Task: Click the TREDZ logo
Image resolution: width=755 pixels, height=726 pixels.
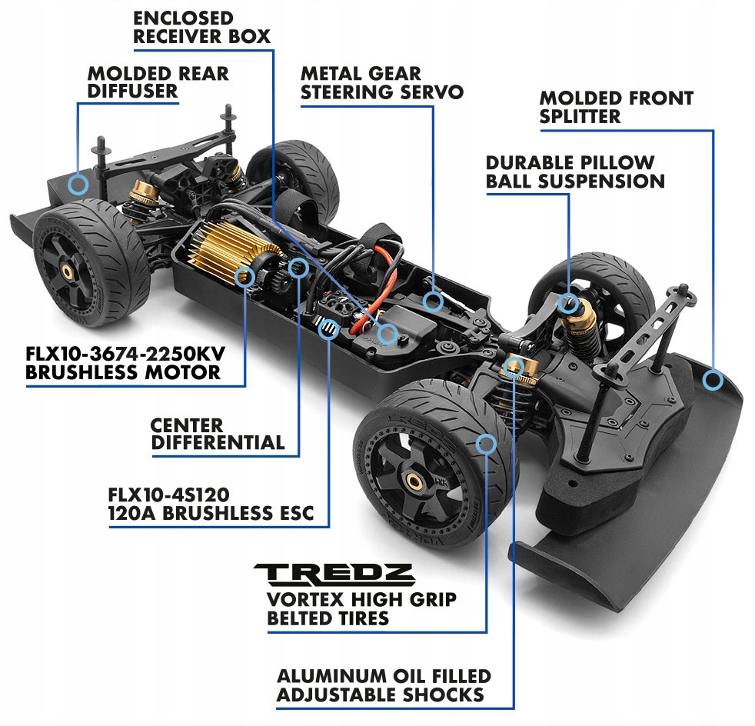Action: pyautogui.click(x=334, y=574)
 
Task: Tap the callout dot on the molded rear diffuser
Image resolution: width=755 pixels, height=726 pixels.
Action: pyautogui.click(x=77, y=183)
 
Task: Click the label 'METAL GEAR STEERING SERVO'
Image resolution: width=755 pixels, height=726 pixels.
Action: pyautogui.click(x=381, y=83)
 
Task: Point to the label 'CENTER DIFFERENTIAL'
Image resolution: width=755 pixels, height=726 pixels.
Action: pyautogui.click(x=218, y=434)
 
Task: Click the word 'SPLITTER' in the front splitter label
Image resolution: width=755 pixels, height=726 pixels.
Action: pyautogui.click(x=580, y=116)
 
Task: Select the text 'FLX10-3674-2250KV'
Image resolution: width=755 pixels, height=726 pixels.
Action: pyautogui.click(x=123, y=355)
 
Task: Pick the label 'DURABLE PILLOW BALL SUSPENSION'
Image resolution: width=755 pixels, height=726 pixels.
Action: pyautogui.click(x=574, y=172)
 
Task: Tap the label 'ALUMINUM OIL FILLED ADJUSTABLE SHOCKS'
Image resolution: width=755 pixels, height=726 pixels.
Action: pyautogui.click(x=383, y=685)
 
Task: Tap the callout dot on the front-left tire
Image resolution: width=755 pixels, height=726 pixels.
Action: pyautogui.click(x=486, y=442)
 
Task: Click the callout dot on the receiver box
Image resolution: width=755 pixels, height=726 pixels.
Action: pyautogui.click(x=389, y=333)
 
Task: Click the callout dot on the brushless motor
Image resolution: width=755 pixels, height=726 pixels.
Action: pyautogui.click(x=244, y=275)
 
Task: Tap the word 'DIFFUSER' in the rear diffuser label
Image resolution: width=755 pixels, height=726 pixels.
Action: pyautogui.click(x=132, y=92)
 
